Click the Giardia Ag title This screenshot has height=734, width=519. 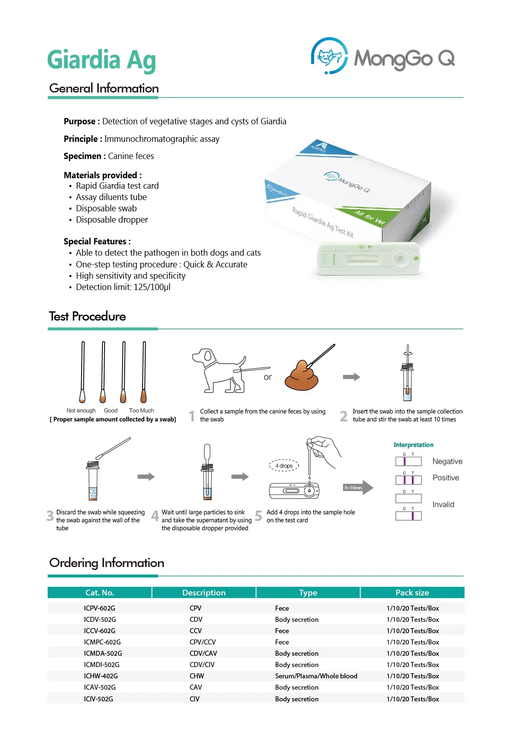tap(102, 60)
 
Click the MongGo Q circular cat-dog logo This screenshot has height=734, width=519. tap(330, 56)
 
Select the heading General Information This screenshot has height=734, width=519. tap(104, 88)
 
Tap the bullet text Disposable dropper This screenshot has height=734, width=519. tap(112, 220)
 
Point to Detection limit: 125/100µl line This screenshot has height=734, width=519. tap(123, 287)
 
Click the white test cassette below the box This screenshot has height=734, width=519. tap(368, 259)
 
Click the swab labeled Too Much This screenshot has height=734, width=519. tap(144, 372)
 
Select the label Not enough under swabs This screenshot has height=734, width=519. tap(81, 411)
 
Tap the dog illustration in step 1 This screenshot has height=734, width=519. tap(218, 370)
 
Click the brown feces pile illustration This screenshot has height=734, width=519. tap(301, 376)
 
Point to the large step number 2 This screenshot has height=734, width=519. tap(343, 416)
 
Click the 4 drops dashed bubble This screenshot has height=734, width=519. tap(284, 465)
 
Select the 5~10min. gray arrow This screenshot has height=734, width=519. tap(358, 488)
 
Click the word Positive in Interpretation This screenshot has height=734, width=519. tap(445, 478)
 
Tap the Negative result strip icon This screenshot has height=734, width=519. tap(408, 461)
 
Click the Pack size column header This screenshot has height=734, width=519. tap(412, 593)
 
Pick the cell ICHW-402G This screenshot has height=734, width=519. tap(101, 676)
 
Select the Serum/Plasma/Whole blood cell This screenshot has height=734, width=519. tap(316, 676)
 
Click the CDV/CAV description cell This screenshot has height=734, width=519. tap(203, 653)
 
